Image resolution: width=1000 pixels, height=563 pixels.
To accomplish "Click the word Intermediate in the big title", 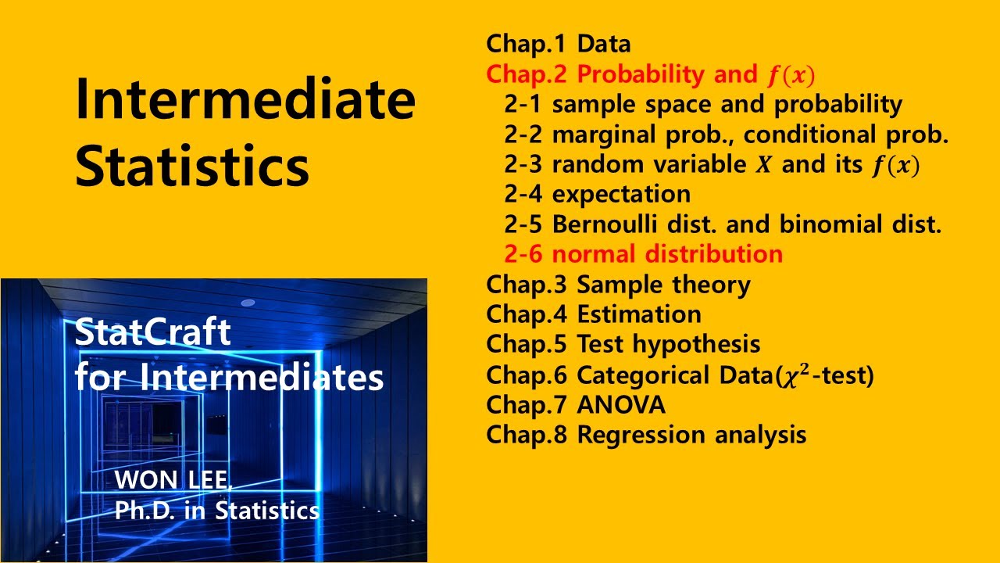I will pyautogui.click(x=245, y=101).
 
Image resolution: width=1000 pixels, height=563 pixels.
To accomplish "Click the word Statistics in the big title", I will pyautogui.click(x=192, y=166).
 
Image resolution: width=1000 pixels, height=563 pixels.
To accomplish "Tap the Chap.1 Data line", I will pyautogui.click(x=558, y=44).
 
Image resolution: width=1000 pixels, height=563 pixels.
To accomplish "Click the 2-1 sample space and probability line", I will pyautogui.click(x=703, y=104).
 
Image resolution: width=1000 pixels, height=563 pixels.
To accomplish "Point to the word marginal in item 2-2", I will pyautogui.click(x=601, y=134).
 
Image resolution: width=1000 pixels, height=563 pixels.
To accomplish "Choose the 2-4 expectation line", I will pyautogui.click(x=597, y=194).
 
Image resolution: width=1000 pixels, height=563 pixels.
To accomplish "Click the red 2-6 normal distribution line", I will pyautogui.click(x=643, y=254).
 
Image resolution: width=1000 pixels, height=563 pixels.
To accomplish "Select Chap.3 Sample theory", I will pyautogui.click(x=618, y=285).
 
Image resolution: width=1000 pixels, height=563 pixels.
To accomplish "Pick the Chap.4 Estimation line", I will pyautogui.click(x=593, y=314).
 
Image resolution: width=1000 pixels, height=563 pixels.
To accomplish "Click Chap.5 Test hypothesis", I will pyautogui.click(x=623, y=344).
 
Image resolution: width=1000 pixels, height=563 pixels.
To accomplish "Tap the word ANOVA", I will pyautogui.click(x=621, y=405).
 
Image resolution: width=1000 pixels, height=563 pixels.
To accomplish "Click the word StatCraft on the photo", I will pyautogui.click(x=153, y=334).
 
